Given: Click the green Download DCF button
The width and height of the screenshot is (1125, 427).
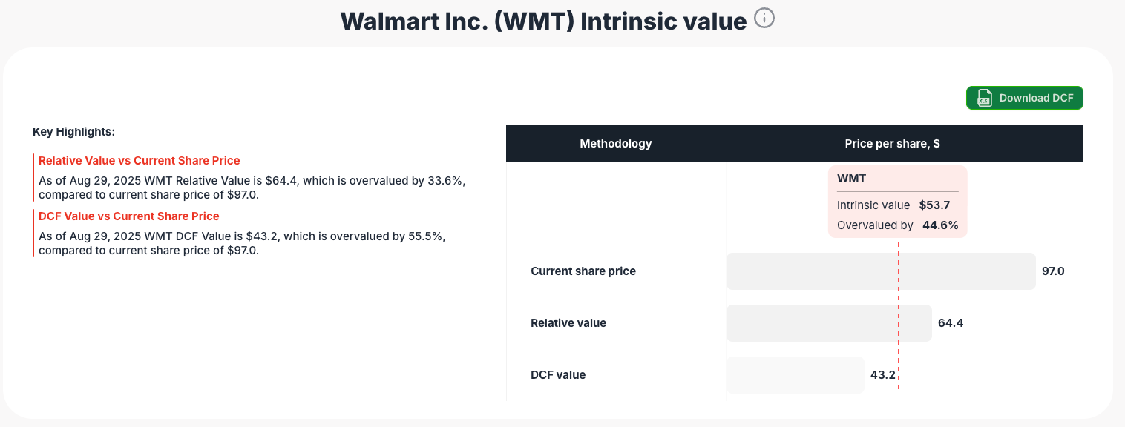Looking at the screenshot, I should tap(1024, 98).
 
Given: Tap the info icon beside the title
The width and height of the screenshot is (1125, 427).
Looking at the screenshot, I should tap(764, 19).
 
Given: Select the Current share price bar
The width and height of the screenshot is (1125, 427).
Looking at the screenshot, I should tap(880, 271).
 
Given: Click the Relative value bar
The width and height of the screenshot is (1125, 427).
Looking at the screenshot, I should tap(828, 323).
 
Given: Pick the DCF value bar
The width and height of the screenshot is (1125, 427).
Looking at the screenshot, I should tap(795, 375).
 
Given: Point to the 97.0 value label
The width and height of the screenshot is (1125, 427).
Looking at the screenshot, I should tap(1053, 271).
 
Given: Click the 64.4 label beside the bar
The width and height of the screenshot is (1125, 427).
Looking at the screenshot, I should tap(951, 323).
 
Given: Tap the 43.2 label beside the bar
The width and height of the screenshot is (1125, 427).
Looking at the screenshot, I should tap(883, 375).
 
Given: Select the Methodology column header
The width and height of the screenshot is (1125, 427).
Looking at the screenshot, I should tap(616, 144).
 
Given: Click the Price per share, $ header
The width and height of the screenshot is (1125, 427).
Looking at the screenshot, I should tap(892, 144).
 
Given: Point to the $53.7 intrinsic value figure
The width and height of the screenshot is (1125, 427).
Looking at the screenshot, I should tap(934, 205).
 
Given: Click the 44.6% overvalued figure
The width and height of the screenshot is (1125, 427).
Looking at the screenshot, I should tap(940, 225).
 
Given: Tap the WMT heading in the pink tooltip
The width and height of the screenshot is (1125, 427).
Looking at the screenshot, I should tap(852, 179).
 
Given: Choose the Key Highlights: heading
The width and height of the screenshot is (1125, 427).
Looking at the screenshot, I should tap(73, 132).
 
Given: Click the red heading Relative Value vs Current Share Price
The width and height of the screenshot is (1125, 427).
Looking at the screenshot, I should tap(140, 161).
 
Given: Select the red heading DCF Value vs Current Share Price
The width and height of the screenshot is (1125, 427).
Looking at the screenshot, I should tap(129, 216).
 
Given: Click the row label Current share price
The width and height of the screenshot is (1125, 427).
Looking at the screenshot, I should tap(583, 271).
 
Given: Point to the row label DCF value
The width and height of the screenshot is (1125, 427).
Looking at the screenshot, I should tap(558, 375).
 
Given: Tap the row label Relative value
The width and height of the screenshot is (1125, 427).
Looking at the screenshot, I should tap(568, 323).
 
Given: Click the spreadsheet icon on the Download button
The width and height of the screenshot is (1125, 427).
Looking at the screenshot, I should tap(985, 98).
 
